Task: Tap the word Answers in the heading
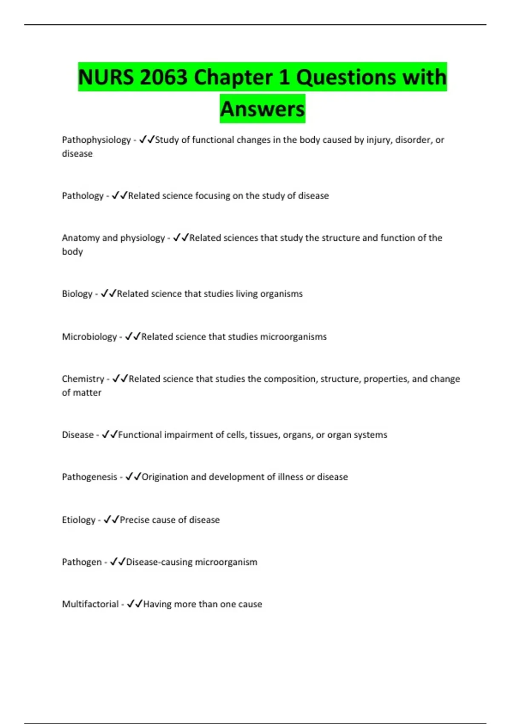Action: [x=262, y=109]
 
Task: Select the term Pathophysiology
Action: [x=96, y=140]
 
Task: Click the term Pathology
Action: [x=83, y=195]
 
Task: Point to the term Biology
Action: [x=77, y=293]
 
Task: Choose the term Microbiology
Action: [x=89, y=336]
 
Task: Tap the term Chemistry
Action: [x=83, y=379]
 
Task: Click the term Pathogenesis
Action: [x=89, y=477]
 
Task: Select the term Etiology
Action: [x=79, y=520]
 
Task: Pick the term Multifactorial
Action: [x=90, y=604]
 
